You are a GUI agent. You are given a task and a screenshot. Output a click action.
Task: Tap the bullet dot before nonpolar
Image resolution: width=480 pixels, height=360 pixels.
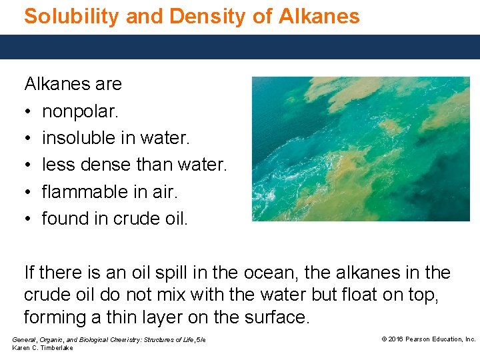click(28, 111)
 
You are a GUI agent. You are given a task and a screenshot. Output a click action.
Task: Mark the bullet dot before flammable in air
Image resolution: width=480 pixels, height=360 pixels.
click(28, 192)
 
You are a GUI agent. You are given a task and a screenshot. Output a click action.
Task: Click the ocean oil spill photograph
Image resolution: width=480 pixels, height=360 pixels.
click(361, 149)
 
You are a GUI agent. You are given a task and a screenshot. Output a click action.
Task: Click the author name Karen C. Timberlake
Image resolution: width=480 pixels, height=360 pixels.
click(43, 348)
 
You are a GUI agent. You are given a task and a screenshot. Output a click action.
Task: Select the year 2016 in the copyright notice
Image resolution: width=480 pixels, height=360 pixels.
click(397, 339)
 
